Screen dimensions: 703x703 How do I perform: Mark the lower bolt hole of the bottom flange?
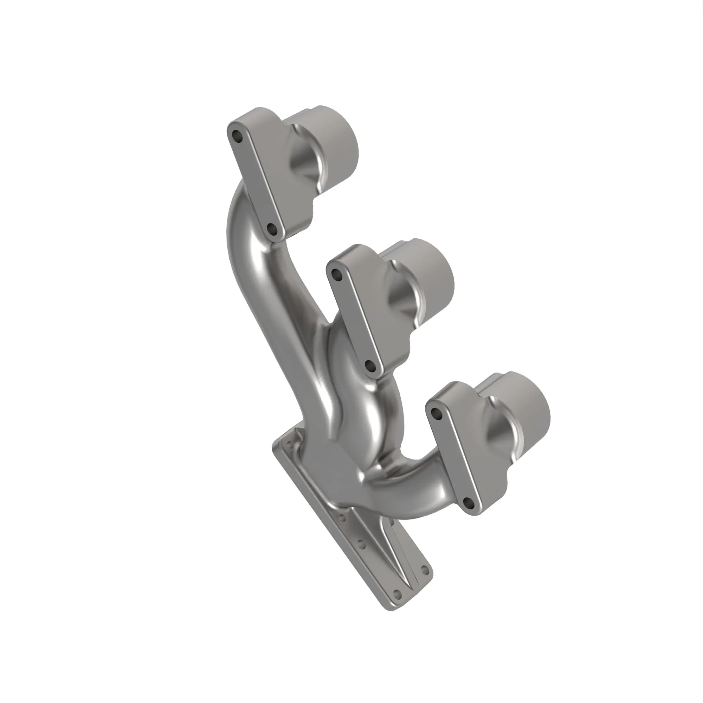coord(469,503)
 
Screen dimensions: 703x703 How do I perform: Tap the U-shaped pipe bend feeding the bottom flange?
coord(418,488)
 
